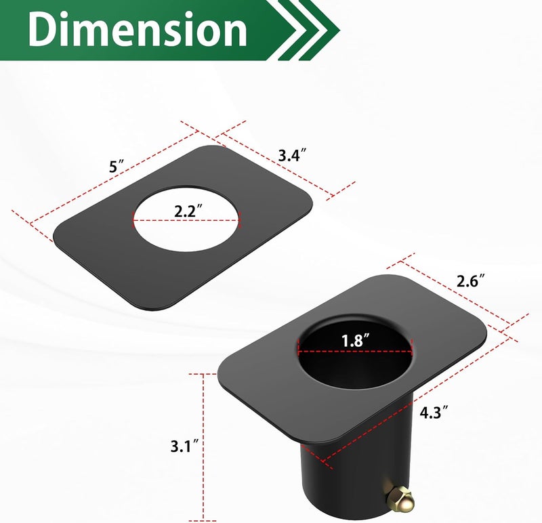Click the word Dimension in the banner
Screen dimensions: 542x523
pos(138,29)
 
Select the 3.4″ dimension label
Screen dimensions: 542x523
pos(293,155)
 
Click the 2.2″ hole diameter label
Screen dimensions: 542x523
pos(188,211)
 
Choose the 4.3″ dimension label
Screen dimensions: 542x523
pos(434,412)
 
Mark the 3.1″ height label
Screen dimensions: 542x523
pos(185,446)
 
